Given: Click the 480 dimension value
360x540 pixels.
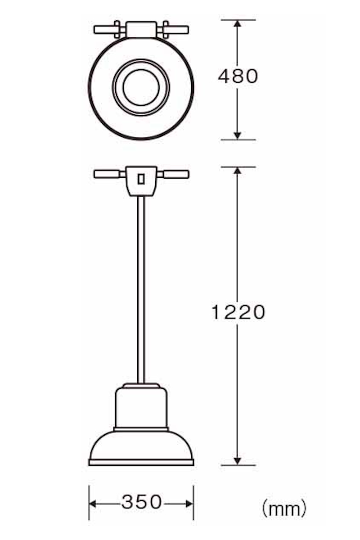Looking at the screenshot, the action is [x=238, y=76].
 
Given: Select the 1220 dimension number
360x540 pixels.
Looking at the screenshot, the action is [x=238, y=312].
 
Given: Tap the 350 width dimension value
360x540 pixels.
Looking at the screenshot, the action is [x=141, y=502].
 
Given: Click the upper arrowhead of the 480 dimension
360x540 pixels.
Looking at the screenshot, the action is [x=238, y=23].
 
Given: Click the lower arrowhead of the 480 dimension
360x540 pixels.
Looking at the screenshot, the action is [x=238, y=136].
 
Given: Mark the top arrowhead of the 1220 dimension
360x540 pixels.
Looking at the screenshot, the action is [x=238, y=171].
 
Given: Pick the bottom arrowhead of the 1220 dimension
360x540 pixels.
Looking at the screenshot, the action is [x=238, y=461].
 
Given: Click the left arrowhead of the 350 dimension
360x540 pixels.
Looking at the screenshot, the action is [x=93, y=504].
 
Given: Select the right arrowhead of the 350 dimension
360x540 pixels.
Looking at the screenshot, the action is [x=189, y=504].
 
